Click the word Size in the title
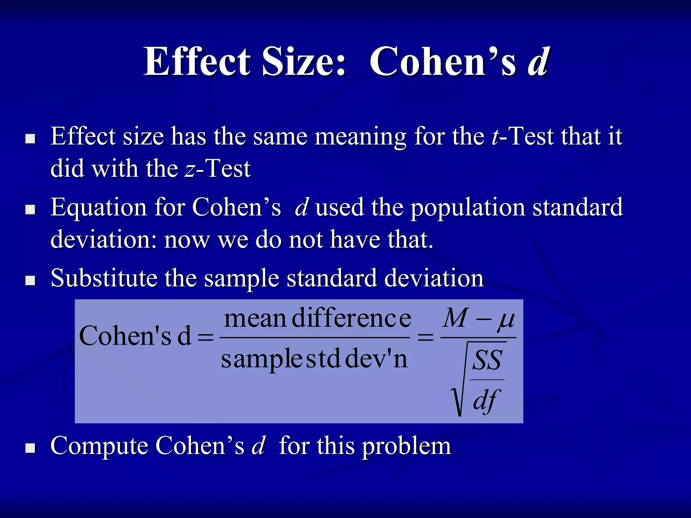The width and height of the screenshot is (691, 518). tap(304, 62)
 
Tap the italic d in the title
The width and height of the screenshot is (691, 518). tap(539, 62)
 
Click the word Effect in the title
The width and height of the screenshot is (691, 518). tap(197, 62)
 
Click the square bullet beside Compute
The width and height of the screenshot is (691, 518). tap(31, 448)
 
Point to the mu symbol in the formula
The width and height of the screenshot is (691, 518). tap(506, 320)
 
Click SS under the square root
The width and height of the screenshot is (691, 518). tap(487, 360)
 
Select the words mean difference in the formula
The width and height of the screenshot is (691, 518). tap(317, 318)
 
